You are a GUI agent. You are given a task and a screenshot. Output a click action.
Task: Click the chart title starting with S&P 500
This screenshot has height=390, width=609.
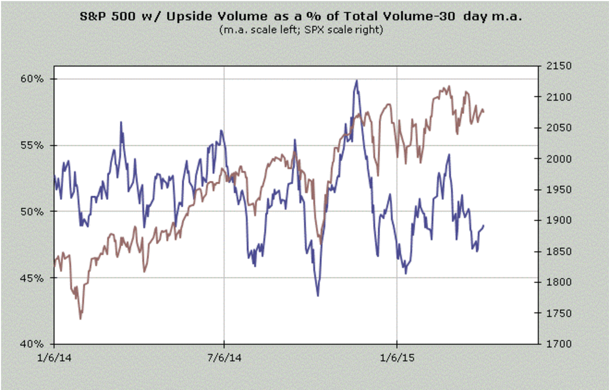[301, 16]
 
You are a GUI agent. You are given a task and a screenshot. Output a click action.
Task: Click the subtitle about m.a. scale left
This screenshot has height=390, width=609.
[301, 29]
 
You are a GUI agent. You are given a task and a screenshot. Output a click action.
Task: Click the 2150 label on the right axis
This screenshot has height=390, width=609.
[554, 66]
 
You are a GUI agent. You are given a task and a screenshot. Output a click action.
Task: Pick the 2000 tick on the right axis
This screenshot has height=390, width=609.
[554, 159]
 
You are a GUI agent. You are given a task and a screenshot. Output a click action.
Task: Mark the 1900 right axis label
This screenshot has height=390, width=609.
[554, 220]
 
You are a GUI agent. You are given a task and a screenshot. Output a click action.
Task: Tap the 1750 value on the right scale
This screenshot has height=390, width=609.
[554, 313]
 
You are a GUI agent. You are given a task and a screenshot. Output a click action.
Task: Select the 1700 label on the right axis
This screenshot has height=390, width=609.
[554, 344]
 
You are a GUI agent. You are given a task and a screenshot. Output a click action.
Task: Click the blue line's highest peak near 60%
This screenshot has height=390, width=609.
[357, 80]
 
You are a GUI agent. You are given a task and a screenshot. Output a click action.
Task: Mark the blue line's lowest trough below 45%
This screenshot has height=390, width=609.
[318, 296]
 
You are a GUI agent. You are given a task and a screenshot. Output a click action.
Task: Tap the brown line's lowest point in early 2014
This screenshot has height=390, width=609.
[80, 319]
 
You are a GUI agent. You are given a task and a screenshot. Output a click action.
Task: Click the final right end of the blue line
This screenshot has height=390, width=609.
[484, 225]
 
